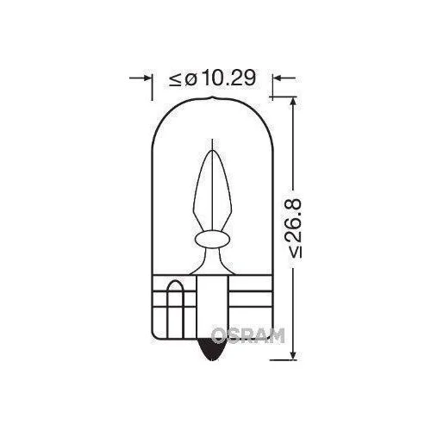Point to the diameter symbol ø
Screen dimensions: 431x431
click(190, 79)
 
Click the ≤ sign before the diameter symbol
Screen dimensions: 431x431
click(175, 79)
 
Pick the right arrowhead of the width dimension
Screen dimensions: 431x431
click(278, 79)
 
